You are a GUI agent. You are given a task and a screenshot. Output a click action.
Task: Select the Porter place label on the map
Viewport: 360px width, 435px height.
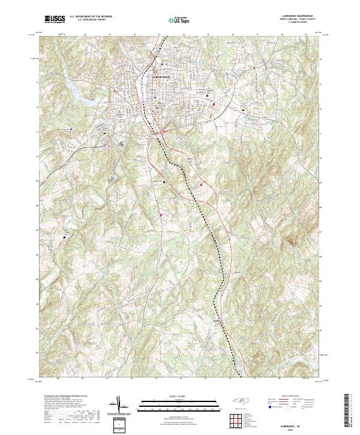pyautogui.click(x=217, y=320)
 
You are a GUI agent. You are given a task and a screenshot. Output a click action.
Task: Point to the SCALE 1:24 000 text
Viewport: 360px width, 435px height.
pyautogui.click(x=179, y=395)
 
